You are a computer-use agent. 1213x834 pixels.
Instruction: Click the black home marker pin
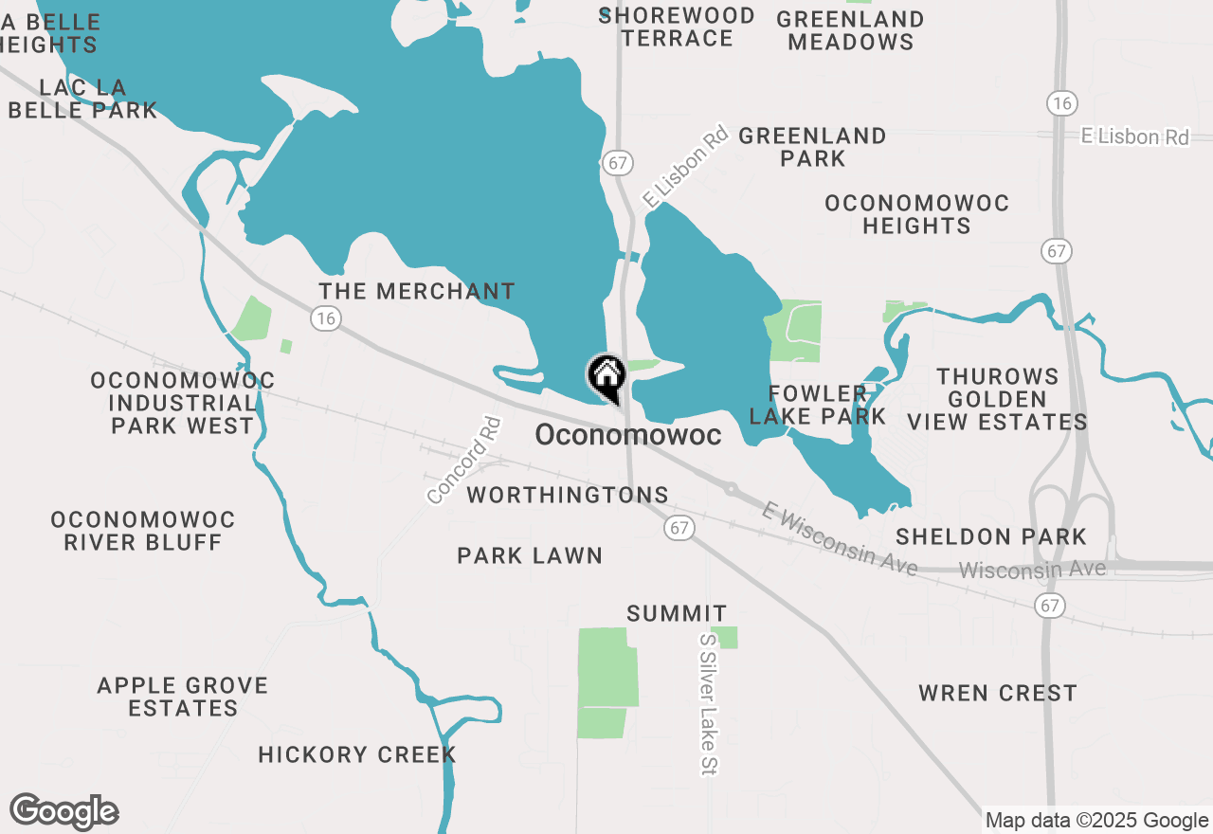606,377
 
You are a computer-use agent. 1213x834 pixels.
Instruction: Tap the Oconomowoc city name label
627,436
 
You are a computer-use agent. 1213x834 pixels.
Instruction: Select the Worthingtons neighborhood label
568,495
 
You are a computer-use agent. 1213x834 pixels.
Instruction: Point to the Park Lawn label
530,555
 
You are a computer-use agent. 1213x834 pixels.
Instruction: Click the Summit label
677,614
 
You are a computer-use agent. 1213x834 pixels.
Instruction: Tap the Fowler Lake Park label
817,405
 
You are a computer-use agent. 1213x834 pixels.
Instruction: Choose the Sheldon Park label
991,536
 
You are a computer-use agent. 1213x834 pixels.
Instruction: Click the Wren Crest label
998,693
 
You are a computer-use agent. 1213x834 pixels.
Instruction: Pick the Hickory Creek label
357,755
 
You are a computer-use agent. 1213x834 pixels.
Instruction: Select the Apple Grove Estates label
183,697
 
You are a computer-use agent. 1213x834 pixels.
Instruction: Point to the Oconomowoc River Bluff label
143,531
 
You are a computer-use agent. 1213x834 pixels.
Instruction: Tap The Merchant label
417,291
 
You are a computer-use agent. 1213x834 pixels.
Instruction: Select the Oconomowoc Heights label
916,214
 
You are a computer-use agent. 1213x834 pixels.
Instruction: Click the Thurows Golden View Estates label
998,399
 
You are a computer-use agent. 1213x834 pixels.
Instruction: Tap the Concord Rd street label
463,461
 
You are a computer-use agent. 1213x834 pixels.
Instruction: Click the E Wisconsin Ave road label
840,539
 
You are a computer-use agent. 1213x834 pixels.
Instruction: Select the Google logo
64,812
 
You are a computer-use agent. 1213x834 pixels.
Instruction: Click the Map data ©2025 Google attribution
1096,821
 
